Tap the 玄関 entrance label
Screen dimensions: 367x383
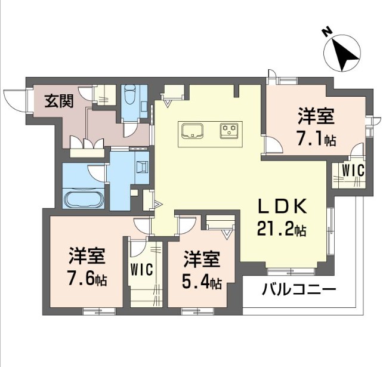[59, 101]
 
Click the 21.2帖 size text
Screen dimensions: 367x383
[283, 228]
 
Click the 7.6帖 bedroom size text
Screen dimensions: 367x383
[87, 279]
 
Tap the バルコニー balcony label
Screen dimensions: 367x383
[299, 291]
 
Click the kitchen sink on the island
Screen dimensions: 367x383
[192, 130]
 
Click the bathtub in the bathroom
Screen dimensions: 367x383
[84, 199]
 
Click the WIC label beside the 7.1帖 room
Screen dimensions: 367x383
[352, 169]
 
